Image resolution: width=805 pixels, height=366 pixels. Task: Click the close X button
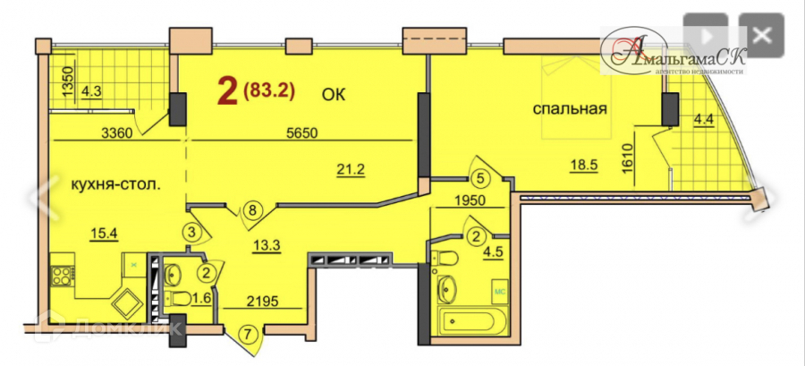[761, 37]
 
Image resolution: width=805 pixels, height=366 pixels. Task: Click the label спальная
[570, 110]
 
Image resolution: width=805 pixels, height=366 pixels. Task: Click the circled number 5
[480, 177]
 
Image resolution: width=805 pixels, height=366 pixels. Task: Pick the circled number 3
[191, 232]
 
